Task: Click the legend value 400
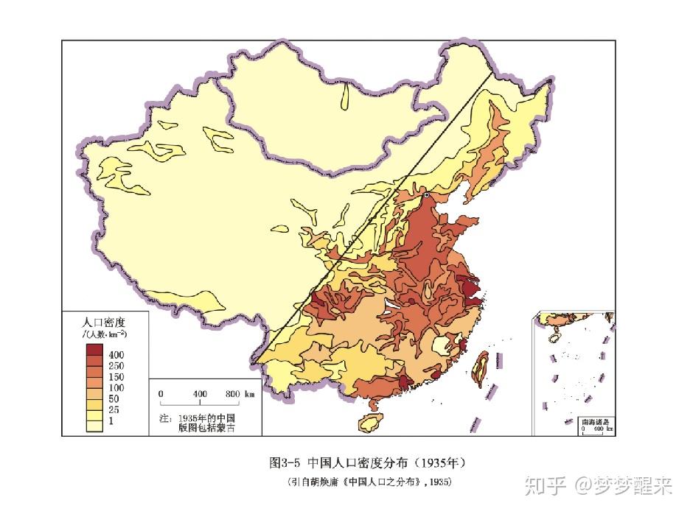116,355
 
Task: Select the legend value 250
116,366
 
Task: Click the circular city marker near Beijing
426,195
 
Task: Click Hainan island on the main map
370,422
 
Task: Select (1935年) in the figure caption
439,463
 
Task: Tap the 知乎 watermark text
543,486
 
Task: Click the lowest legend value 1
111,420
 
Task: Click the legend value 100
116,387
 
